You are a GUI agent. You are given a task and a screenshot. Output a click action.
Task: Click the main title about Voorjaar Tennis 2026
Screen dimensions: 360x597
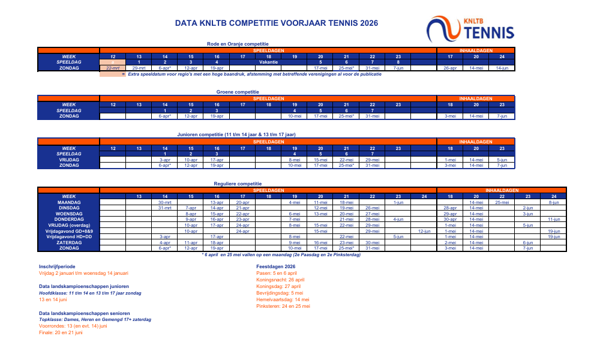[277, 23]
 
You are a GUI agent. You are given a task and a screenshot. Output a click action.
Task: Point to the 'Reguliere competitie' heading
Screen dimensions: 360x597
[238, 184]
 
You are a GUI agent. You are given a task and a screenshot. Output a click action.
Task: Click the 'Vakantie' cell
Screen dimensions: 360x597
[268, 62]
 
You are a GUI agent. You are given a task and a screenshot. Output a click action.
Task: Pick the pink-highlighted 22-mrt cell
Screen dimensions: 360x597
[112, 68]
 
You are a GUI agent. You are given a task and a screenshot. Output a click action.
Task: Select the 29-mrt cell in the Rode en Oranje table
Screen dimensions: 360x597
[139, 68]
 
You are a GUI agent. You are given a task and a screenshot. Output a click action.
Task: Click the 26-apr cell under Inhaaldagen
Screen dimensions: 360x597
[450, 68]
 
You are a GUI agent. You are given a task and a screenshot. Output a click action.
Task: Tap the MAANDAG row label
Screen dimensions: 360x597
[68, 203]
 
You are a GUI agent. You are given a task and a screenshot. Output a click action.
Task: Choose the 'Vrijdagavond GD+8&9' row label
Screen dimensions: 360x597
[68, 231]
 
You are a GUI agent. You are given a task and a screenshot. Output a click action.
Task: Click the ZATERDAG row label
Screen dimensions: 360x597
[68, 242]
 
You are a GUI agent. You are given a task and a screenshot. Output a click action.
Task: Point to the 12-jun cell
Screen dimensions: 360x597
[424, 231]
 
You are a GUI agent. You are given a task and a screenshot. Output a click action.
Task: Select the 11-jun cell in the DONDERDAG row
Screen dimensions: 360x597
[553, 220]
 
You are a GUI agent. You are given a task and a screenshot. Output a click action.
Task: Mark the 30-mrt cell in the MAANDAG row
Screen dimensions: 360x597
[164, 203]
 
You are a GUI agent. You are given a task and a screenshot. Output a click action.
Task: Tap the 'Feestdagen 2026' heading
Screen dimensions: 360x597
[276, 265]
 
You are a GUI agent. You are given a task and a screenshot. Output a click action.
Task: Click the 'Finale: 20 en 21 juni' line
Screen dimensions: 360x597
[61, 332]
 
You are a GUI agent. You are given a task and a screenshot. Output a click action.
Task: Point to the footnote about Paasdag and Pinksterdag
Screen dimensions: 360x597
[281, 254]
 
